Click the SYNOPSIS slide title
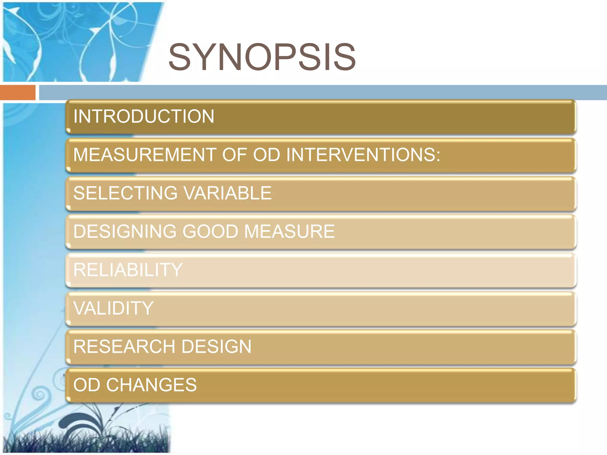tap(262, 57)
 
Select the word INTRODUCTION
tap(144, 116)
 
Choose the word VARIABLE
tap(227, 193)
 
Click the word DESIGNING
tap(125, 231)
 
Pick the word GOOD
tap(210, 231)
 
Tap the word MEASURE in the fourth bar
tap(289, 231)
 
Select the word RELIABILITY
tap(128, 270)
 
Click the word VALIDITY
tap(113, 308)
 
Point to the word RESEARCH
tap(124, 347)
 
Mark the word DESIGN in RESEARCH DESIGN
tap(216, 347)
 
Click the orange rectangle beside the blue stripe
tap(18, 92)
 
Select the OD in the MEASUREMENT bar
tap(266, 155)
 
